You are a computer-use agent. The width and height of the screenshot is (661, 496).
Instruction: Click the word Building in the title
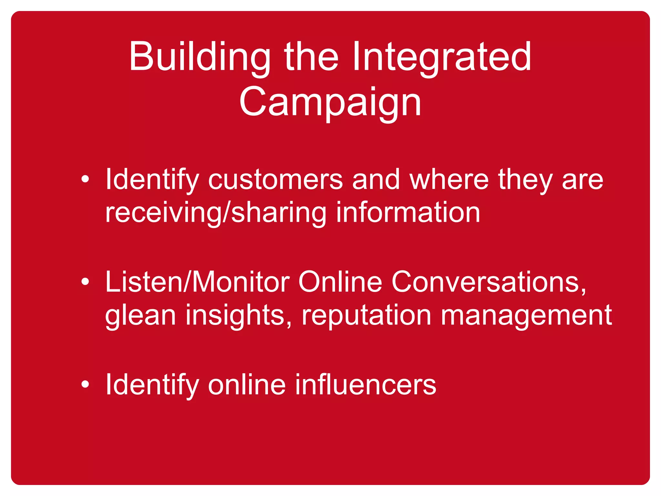point(199,57)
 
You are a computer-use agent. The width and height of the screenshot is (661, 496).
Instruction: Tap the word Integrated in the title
point(442,57)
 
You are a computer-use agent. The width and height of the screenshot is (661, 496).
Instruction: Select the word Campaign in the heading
point(330,103)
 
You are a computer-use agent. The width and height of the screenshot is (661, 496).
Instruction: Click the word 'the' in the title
point(311,57)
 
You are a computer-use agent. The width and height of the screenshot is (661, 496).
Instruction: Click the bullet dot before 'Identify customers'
point(85,179)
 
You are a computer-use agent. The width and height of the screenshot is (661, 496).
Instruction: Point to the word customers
point(275,180)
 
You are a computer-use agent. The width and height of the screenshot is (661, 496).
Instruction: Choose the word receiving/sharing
point(216,213)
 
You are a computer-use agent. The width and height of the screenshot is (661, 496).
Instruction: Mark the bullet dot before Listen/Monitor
point(85,282)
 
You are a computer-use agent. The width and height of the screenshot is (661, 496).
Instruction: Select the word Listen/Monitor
point(197,282)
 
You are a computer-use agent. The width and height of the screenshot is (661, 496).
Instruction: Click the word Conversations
point(489,282)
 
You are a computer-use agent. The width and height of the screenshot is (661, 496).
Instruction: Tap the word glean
point(140,316)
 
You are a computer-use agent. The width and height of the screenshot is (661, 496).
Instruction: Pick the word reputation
point(366,316)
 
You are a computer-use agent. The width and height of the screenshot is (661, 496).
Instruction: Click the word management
point(526,316)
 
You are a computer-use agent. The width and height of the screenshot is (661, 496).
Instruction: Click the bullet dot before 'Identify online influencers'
point(85,384)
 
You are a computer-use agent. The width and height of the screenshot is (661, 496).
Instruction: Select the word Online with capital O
point(340,282)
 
